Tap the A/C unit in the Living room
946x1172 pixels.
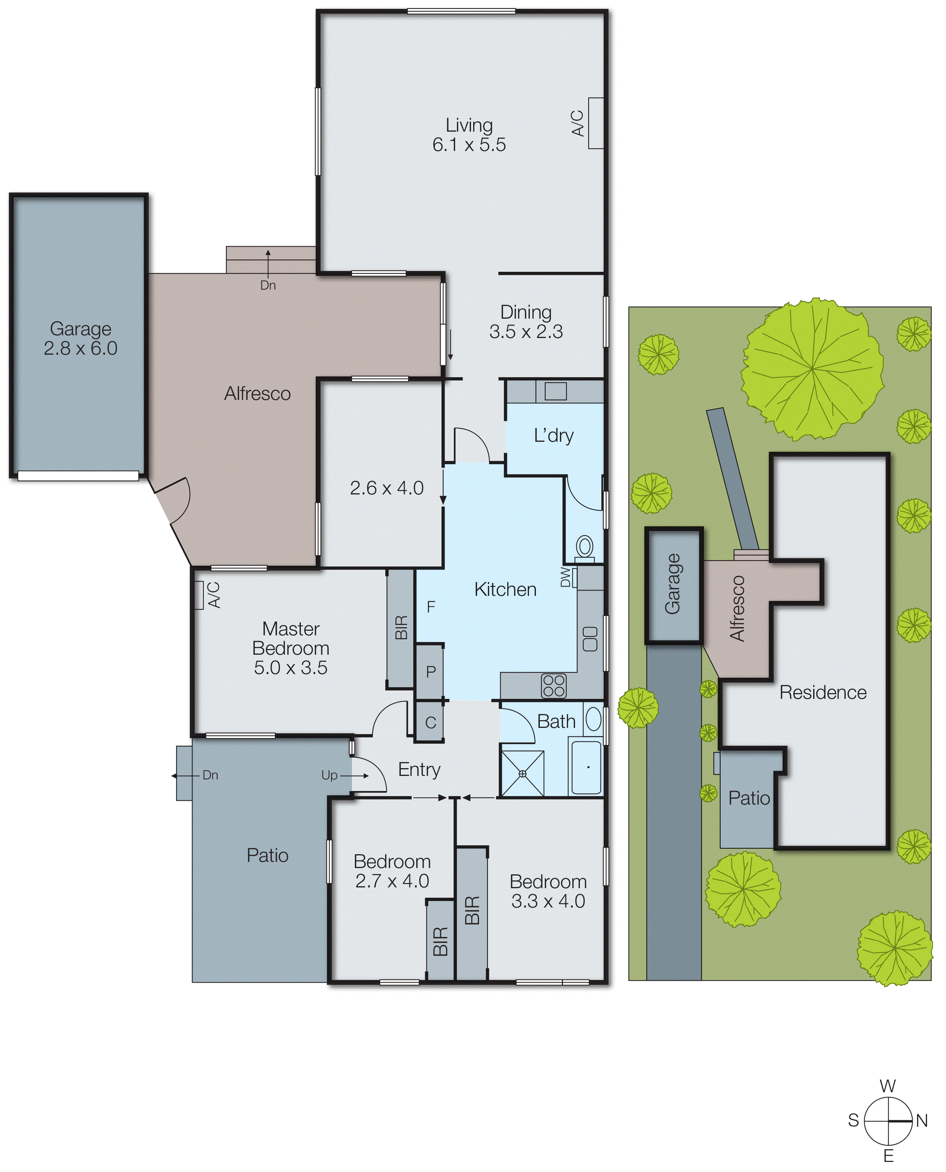596,123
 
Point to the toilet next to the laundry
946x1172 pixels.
585,546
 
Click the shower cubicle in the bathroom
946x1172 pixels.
522,773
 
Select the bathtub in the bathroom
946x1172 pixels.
586,767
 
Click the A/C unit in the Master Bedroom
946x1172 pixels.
199,595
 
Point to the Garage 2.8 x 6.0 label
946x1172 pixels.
80,338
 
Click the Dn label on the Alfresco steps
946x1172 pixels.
268,285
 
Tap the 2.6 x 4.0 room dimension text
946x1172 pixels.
386,487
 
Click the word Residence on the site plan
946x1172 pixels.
822,693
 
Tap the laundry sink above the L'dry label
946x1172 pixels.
555,391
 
